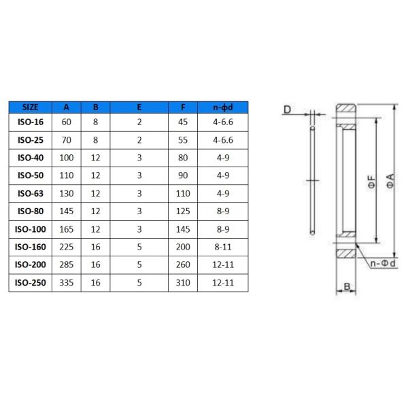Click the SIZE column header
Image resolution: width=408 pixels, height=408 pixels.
31,107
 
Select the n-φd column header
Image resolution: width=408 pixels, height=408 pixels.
223,107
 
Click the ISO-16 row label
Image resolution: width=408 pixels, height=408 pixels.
31,122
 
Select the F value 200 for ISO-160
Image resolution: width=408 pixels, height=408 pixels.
183,245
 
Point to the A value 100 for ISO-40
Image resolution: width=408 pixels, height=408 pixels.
67,157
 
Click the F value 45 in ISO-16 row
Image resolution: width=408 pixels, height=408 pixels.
183,122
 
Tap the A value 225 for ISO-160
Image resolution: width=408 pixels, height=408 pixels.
67,245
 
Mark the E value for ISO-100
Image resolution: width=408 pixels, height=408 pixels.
139,228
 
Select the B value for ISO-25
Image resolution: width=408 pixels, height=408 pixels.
96,139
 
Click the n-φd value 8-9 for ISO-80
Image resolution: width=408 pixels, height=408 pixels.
223,210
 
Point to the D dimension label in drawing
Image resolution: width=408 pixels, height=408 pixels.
287,109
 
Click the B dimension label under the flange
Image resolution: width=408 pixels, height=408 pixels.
346,287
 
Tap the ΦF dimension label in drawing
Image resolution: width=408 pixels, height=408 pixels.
371,182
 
